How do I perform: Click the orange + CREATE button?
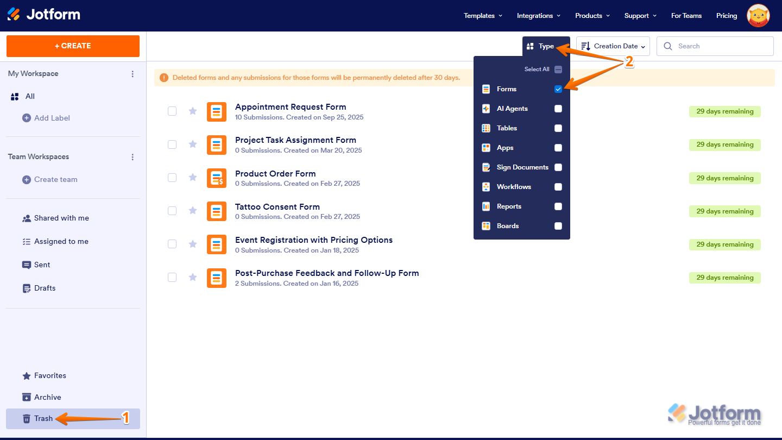[73, 46]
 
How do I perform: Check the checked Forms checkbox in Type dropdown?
[558, 89]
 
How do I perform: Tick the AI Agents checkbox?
[558, 109]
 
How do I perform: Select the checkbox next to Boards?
[558, 226]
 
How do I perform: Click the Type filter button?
[541, 46]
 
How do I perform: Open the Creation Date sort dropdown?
[613, 46]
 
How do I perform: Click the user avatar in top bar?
[758, 16]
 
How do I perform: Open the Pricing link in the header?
[727, 16]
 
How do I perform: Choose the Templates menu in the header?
[483, 16]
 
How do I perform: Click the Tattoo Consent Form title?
[278, 207]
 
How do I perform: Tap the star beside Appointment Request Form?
[193, 111]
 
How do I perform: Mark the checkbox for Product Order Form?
[172, 178]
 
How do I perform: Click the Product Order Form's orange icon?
[217, 178]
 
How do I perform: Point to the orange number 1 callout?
[125, 418]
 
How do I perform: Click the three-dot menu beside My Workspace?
[133, 74]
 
